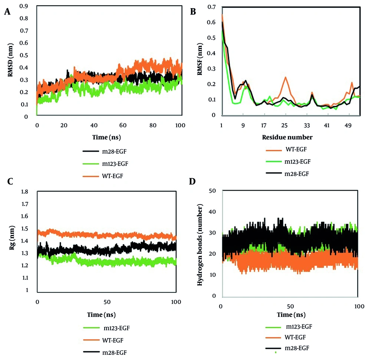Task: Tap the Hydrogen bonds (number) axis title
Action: [201, 243]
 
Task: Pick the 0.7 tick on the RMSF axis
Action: [212, 7]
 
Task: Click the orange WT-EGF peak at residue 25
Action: [285, 77]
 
